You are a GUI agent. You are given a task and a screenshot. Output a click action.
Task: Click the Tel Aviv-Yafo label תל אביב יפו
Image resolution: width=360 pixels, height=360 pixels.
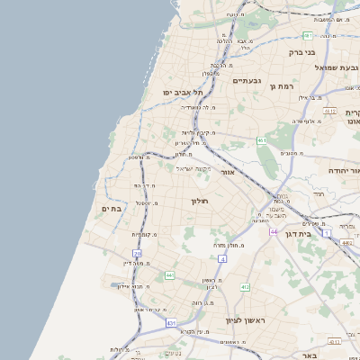coord(184,93)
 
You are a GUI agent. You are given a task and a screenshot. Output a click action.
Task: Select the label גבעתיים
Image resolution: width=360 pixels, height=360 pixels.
coord(247,81)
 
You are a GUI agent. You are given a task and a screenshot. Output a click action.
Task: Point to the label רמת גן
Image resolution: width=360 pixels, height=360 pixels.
coord(283,86)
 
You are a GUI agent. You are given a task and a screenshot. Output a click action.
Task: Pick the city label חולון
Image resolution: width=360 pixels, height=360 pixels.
coord(200,201)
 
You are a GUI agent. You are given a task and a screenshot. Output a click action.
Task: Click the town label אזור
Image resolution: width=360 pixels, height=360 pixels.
coord(227,172)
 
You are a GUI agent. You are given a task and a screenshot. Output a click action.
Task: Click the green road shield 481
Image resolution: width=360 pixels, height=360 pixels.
coord(308,36)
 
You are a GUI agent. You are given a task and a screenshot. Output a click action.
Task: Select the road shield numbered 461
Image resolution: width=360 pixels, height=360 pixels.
coord(261,141)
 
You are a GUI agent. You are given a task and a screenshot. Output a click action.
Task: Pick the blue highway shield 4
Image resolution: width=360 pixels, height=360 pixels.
coord(221,259)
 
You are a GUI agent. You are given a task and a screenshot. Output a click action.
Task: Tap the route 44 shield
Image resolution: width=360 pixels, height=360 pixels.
coord(274,231)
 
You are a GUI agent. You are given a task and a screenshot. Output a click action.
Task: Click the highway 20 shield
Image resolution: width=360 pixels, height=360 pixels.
coord(138,255)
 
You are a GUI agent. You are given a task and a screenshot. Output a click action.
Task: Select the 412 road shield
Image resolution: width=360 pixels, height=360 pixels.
coord(244,286)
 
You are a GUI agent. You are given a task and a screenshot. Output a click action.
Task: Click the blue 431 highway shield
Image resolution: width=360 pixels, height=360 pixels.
coord(171,321)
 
